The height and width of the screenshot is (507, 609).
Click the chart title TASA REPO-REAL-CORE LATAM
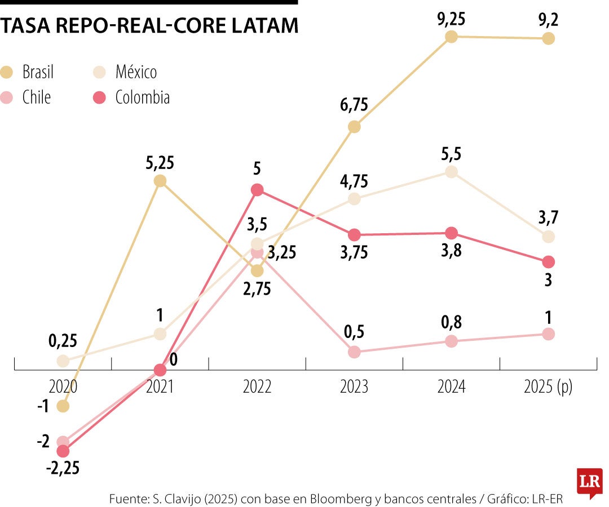click(149, 26)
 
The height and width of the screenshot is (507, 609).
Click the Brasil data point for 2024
click(451, 37)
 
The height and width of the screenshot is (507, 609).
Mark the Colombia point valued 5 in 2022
click(257, 190)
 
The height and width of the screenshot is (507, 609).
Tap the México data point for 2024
click(451, 172)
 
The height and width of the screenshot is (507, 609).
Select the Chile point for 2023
click(354, 352)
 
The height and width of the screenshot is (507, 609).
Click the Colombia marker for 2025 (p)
click(548, 262)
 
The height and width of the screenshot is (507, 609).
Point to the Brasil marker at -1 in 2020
click(63, 406)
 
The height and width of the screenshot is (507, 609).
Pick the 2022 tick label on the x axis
click(257, 388)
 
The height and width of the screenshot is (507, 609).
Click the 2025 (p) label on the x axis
click(548, 388)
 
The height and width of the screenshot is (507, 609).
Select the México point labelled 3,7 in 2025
click(548, 237)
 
